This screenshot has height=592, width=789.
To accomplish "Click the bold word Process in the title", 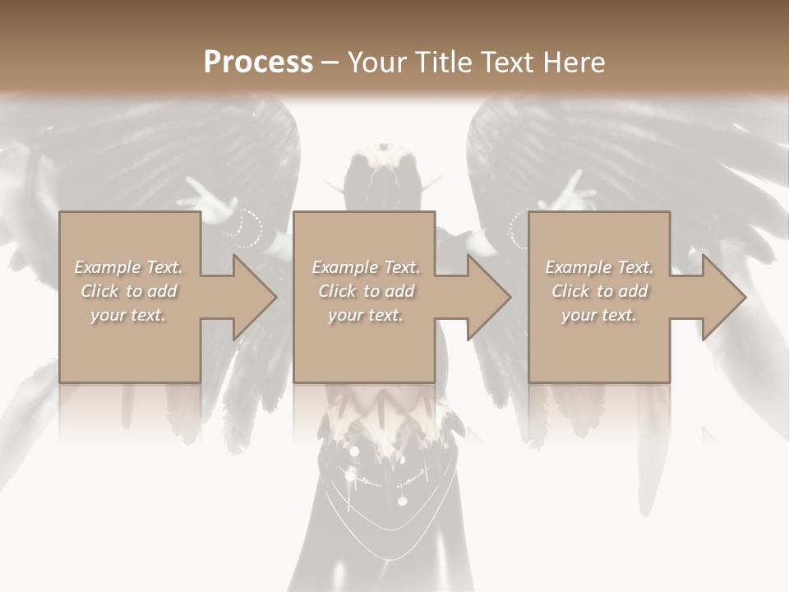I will tap(258, 62).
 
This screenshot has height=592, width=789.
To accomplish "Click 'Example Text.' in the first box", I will tap(128, 267).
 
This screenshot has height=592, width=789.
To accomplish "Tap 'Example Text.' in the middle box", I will tap(366, 267).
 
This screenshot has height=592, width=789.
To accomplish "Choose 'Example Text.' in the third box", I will tap(599, 267).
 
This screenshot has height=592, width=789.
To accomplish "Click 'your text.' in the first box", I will tap(128, 315).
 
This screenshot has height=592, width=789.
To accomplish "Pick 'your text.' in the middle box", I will tap(366, 315).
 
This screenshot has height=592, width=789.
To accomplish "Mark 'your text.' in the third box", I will tap(599, 315).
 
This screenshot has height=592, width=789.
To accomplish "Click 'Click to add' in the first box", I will tap(128, 291).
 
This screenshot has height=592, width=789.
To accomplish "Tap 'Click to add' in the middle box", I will tap(366, 291).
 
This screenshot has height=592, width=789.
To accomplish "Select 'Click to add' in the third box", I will tap(599, 291).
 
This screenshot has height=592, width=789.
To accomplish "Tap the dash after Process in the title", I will tap(330, 63).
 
